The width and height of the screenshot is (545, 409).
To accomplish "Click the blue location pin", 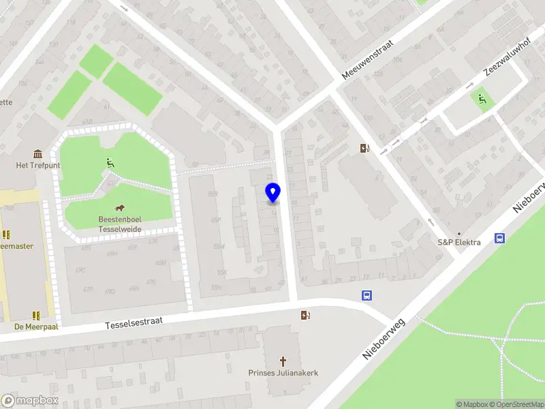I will (272, 193).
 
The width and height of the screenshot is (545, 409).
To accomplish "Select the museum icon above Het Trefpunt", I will (37, 154).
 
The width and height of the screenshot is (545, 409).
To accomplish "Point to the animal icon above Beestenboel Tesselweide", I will (119, 208).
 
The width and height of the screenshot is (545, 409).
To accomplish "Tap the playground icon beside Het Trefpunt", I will (109, 162).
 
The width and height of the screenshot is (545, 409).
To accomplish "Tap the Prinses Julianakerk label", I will (283, 373).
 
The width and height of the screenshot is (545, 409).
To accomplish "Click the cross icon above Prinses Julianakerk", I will (283, 361).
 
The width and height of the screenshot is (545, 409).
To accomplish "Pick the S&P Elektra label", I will (458, 242).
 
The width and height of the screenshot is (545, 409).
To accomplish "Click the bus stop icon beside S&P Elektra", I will (500, 239).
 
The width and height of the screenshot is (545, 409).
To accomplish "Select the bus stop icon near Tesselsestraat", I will (367, 295).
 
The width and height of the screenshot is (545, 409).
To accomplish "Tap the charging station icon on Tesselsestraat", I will (306, 314).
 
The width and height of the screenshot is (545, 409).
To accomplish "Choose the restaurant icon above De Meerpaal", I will (35, 315).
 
